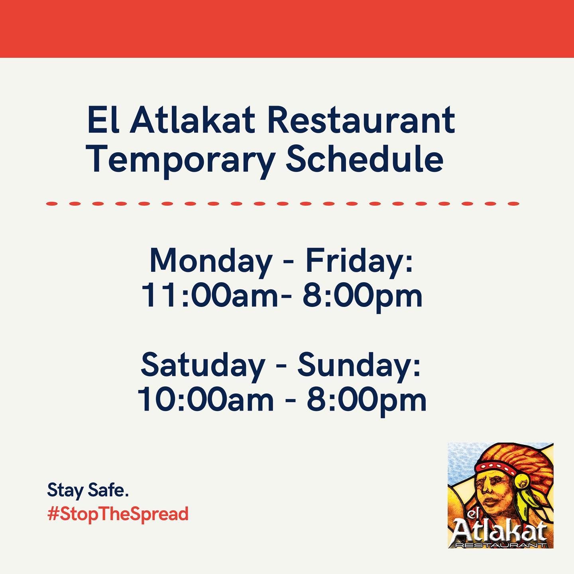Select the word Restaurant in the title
click(361, 120)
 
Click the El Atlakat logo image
click(500, 495)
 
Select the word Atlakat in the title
click(193, 120)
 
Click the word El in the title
click(103, 120)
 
